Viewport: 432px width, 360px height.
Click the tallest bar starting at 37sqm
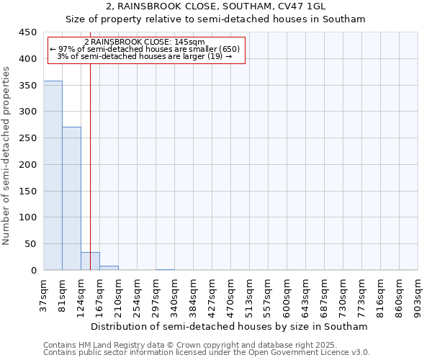53,176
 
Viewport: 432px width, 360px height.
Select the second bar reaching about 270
71,199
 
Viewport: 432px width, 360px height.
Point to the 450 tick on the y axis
27,32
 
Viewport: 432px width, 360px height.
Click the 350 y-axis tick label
27,86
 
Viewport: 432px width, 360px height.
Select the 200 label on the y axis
27,165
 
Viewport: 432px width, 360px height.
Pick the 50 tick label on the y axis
30,244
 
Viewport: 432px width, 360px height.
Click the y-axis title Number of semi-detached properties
6,156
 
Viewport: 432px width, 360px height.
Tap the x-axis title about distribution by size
230,326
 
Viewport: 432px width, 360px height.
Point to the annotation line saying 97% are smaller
144,49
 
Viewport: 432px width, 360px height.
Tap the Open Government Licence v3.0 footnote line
207,352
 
